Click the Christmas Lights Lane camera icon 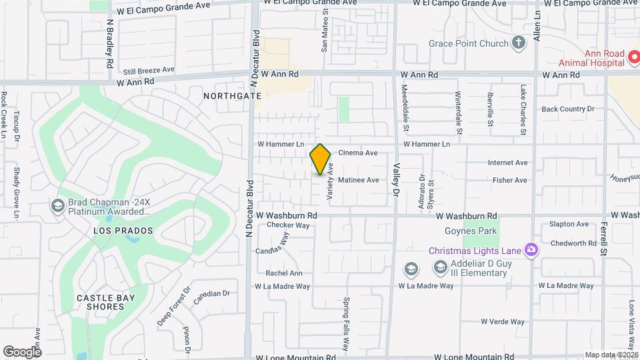531,251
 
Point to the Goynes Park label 471,231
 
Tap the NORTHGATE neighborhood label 233,96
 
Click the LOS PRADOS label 123,231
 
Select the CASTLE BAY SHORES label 106,302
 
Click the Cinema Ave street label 358,153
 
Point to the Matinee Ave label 358,180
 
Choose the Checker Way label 289,225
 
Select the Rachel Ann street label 284,273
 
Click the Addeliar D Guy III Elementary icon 440,267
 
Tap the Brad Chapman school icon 57,206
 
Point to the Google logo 22,351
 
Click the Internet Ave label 507,163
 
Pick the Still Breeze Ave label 149,69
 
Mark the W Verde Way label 503,321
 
